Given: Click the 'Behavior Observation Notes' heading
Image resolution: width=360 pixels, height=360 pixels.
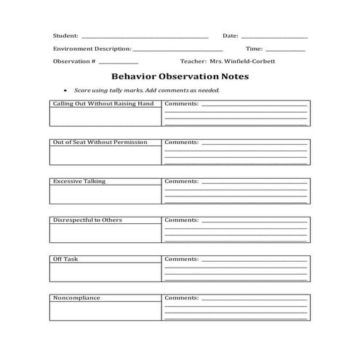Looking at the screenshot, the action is [180, 76].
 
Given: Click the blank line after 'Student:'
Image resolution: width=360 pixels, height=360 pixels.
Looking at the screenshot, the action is [145, 37].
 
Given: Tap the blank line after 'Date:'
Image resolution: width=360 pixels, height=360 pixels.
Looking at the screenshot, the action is [273, 37].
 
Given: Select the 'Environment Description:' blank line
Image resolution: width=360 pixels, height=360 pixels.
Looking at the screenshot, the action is [178, 50].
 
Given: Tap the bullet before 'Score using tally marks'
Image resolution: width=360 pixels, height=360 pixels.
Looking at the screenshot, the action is [65, 90].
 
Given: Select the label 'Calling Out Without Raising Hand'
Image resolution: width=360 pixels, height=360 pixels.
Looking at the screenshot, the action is [103, 104].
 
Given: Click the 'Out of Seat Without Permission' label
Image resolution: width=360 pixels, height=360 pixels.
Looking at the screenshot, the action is [100, 143].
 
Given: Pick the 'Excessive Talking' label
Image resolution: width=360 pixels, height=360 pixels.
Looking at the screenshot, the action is [79, 181].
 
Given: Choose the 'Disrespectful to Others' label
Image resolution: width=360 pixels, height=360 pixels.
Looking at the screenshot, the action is [87, 220].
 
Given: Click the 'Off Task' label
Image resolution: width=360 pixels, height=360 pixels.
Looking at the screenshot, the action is [63, 259].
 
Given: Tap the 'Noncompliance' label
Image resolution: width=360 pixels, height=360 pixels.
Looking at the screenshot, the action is [76, 297].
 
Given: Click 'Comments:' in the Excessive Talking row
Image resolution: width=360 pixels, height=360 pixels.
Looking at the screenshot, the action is [181, 181].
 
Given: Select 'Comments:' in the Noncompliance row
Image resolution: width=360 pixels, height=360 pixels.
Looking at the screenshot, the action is [181, 297].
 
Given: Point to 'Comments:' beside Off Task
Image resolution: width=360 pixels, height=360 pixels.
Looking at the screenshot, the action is [181, 259].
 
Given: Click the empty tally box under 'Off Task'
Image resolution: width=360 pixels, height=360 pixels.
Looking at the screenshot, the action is [105, 272].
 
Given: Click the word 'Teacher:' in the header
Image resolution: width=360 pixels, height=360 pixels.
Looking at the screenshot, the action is [193, 62].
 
